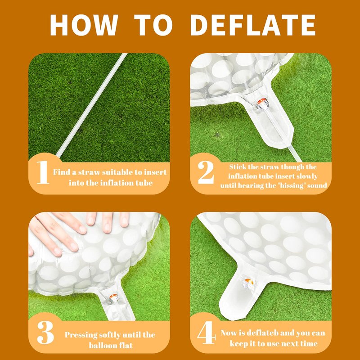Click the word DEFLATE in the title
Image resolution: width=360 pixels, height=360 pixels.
click(x=253, y=25)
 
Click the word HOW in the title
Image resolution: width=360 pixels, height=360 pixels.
click(x=84, y=25)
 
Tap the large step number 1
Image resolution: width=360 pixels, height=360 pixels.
click(x=43, y=172)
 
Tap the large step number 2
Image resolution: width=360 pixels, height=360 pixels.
click(x=206, y=172)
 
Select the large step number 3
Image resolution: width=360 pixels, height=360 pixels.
click(x=45, y=332)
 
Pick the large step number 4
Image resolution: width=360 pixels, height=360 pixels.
click(x=207, y=332)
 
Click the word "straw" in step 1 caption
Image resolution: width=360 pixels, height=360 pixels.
click(x=89, y=172)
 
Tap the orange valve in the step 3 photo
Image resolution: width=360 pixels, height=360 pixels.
click(x=113, y=298)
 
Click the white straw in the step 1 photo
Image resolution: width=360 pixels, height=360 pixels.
click(x=91, y=105)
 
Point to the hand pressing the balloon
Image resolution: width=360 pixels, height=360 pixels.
click(x=76, y=229)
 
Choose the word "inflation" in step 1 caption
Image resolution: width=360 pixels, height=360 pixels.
click(x=119, y=183)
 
